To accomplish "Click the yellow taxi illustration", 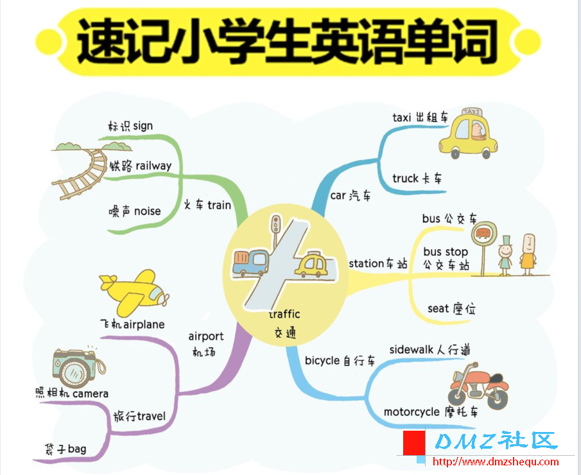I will (x=468, y=135).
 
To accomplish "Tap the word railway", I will (x=153, y=166).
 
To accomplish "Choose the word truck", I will (x=405, y=178).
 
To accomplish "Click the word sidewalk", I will (x=412, y=350).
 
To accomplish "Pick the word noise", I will (x=147, y=211).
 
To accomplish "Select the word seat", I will (x=438, y=309).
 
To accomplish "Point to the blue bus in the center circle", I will (x=250, y=262).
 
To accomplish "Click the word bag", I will (x=76, y=447).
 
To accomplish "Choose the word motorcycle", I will (x=412, y=411).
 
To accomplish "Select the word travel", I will (x=151, y=416).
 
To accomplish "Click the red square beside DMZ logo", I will (x=413, y=441).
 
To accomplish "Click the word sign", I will (x=143, y=126).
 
